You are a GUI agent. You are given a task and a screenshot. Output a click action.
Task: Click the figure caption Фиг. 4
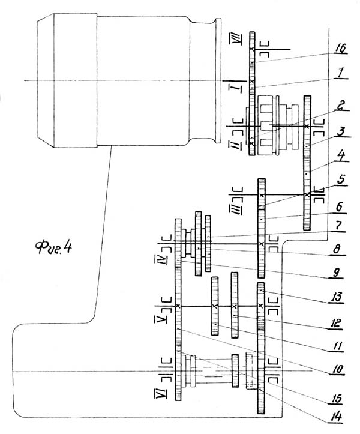tap(53, 247)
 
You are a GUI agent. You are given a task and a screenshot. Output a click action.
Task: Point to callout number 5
tap(341, 179)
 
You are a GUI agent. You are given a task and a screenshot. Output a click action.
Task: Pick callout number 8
tap(337, 249)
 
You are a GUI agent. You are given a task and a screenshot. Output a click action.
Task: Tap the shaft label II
tap(235, 145)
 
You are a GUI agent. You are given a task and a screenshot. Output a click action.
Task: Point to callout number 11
tap(337, 346)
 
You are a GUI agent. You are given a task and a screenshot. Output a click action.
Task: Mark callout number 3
tap(342, 131)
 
